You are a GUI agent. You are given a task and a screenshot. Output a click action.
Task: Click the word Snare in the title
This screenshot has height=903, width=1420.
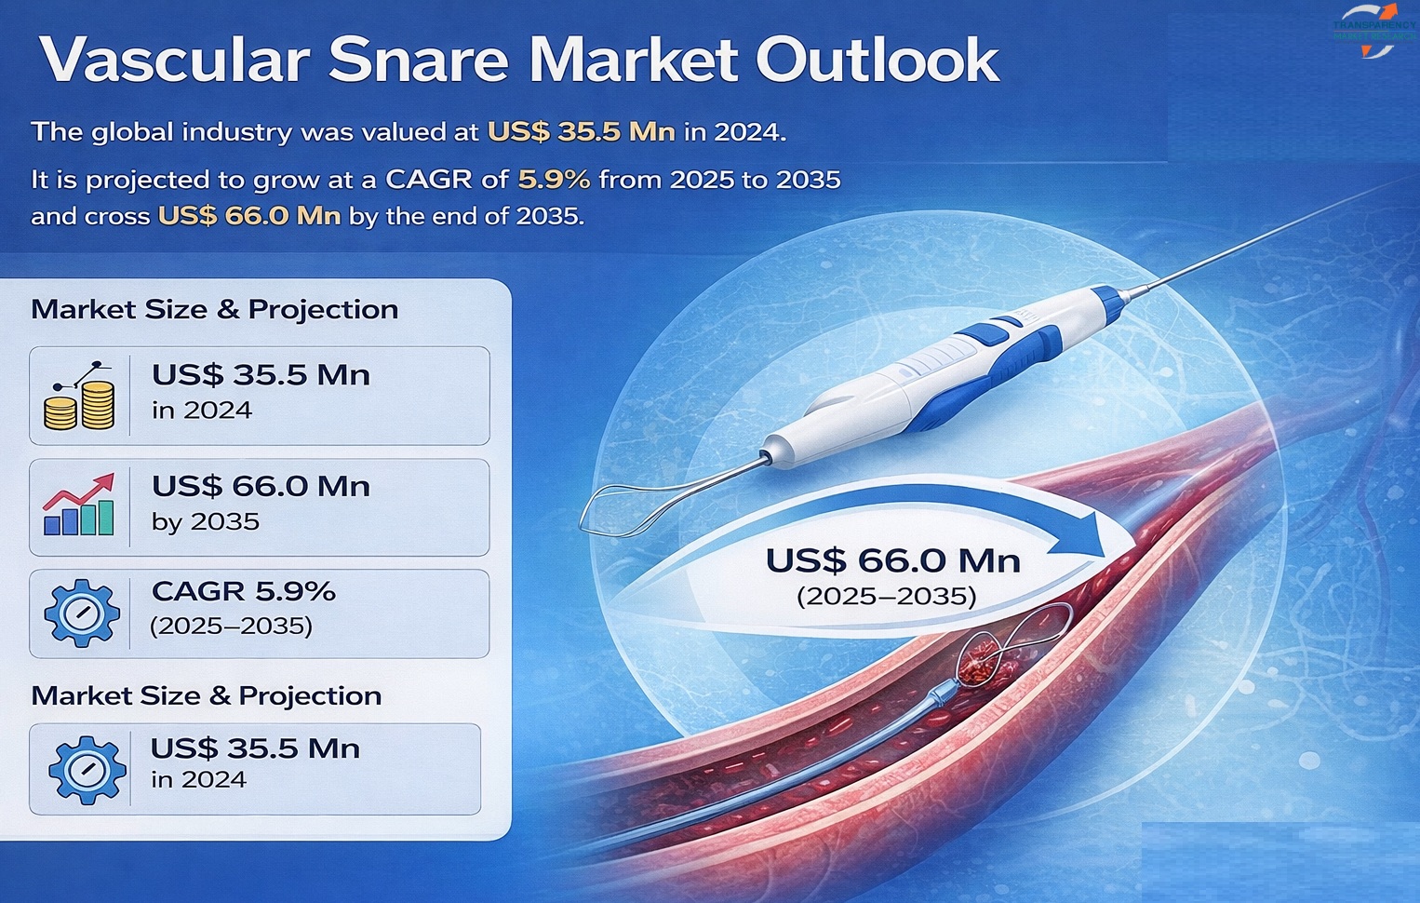tap(418, 61)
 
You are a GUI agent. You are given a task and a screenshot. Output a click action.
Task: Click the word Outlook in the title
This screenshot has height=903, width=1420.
tap(877, 61)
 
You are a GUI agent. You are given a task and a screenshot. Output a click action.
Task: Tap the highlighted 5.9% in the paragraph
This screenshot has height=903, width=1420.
tap(554, 179)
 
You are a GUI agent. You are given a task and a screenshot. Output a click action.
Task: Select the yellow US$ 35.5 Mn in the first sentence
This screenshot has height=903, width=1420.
tap(581, 132)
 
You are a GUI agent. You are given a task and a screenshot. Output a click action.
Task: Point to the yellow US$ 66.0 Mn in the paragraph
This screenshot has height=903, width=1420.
tap(249, 216)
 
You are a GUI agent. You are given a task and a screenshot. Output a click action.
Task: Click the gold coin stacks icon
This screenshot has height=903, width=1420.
tap(80, 398)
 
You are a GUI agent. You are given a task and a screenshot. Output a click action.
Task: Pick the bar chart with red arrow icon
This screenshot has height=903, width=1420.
tap(79, 505)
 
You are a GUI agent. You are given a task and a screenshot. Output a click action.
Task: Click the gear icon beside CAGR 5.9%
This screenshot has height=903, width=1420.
tap(82, 613)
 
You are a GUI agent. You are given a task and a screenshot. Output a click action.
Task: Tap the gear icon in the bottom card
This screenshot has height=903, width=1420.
tap(86, 769)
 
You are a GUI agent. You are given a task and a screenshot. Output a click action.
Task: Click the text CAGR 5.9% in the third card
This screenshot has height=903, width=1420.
tap(243, 591)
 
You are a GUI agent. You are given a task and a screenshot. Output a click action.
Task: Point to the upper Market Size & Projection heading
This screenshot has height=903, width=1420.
tap(214, 310)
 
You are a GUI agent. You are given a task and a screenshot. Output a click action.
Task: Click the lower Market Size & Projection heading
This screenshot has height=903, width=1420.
tap(206, 696)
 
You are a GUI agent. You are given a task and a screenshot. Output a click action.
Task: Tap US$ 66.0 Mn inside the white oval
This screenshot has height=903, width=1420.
tap(892, 560)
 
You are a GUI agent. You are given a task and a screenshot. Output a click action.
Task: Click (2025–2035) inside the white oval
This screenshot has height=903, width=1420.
tap(886, 596)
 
